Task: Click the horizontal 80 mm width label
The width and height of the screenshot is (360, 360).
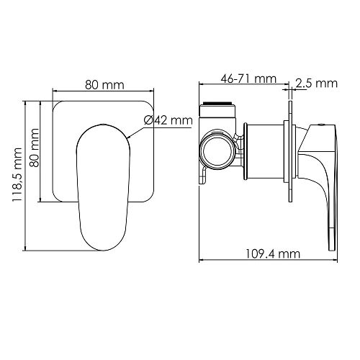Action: (x=104, y=85)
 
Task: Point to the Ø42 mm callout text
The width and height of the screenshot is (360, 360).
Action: (x=168, y=120)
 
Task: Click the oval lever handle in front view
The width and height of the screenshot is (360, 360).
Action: (x=104, y=184)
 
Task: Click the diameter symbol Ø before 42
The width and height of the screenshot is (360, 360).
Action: (x=148, y=120)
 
